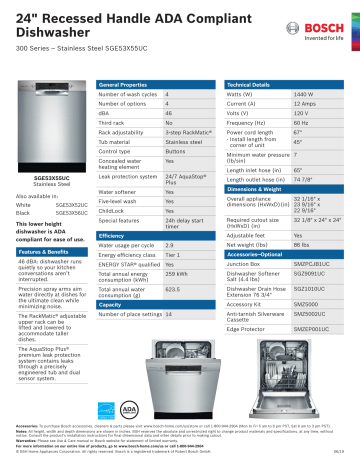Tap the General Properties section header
[x=126, y=86]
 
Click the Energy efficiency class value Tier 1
[x=173, y=255]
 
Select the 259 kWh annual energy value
[x=176, y=273]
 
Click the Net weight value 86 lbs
[x=302, y=244]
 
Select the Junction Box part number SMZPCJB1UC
[x=312, y=262]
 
